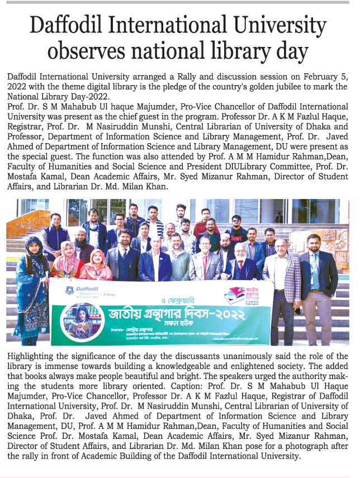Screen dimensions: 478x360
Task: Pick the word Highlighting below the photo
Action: [34, 356]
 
